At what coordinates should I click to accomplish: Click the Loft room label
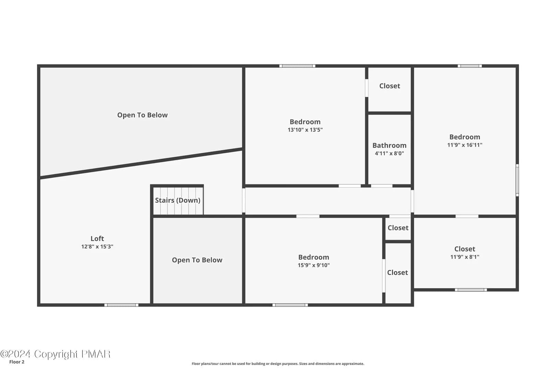click(97, 238)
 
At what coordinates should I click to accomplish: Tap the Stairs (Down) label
click(178, 200)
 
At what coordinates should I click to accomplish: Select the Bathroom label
click(390, 145)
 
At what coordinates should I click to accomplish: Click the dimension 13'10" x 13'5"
click(305, 130)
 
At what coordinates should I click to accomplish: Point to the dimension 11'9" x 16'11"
click(465, 145)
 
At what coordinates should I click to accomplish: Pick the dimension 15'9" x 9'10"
click(314, 265)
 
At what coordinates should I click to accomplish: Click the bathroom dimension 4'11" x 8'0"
click(390, 153)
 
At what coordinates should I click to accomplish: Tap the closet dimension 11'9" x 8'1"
click(465, 257)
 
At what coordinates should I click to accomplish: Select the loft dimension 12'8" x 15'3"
click(97, 247)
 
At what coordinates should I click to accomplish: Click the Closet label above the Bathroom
click(390, 86)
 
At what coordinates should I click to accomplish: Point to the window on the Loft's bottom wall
click(121, 305)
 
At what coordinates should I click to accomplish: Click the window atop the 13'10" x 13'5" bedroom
click(297, 66)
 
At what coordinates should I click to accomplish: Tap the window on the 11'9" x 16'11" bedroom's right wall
click(517, 180)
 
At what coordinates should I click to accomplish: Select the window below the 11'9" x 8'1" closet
click(471, 290)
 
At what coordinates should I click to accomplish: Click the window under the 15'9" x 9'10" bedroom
click(290, 305)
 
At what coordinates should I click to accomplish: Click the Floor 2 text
click(17, 362)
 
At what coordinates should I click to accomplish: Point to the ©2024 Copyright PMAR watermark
click(55, 354)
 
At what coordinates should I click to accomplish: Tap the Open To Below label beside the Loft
click(197, 260)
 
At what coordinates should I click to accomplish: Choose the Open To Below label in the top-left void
click(142, 115)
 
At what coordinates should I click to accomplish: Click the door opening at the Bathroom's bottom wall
click(382, 186)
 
